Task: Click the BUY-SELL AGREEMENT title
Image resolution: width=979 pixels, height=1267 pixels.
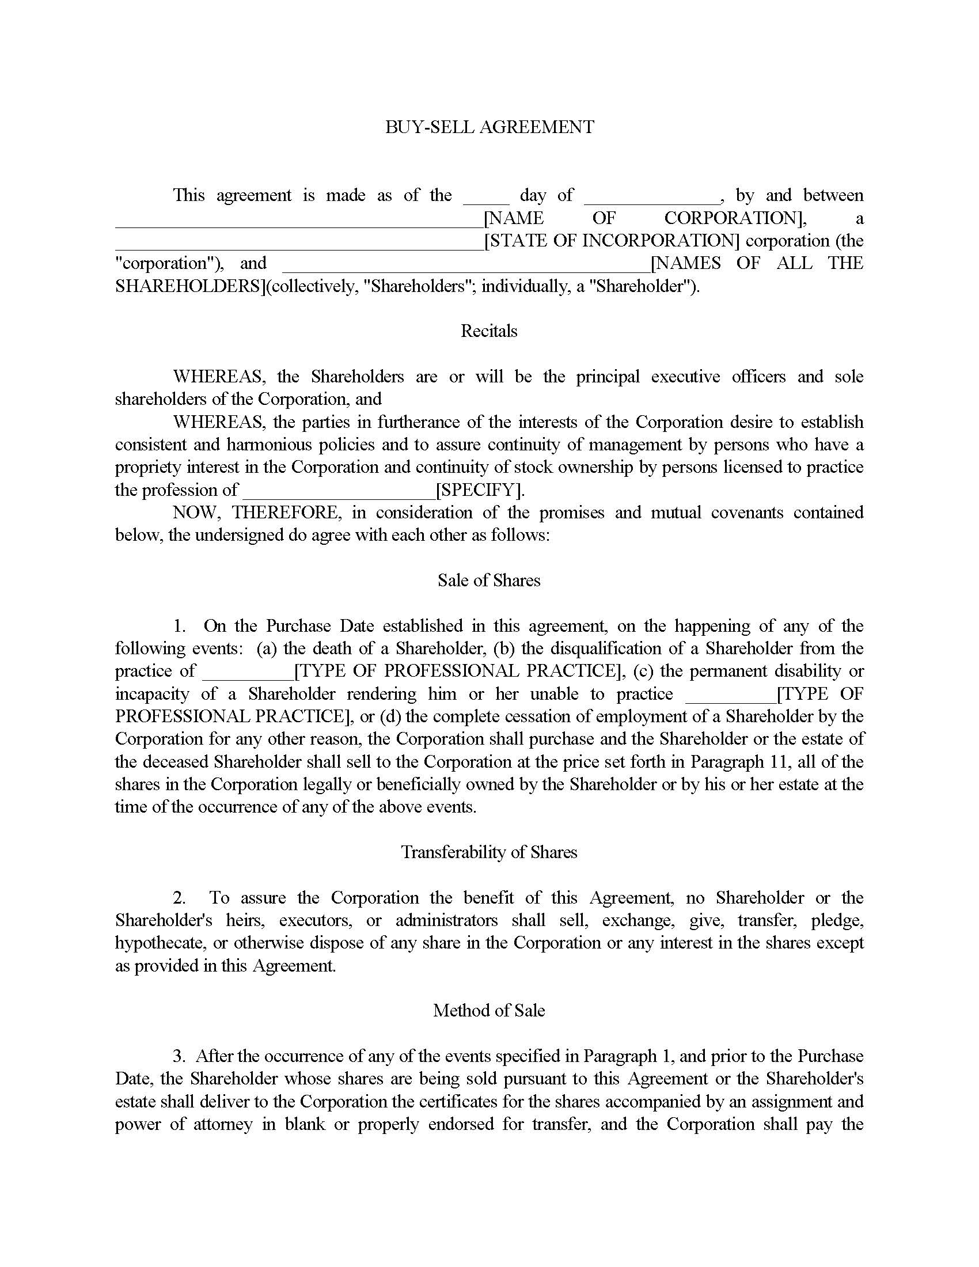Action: pos(490,127)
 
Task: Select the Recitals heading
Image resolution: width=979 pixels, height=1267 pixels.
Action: pos(489,331)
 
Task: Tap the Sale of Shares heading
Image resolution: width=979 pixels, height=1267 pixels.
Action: pos(489,581)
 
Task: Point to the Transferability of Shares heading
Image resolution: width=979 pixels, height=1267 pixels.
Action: pos(489,852)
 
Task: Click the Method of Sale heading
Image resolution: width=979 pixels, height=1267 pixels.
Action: pos(489,1011)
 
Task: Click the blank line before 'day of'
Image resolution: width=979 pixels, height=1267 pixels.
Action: pos(486,197)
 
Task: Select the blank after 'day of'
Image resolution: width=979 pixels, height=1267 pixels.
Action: pos(651,197)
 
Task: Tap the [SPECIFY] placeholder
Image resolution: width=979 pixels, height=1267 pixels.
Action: pos(479,490)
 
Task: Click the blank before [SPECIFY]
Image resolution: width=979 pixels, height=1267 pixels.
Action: pos(339,492)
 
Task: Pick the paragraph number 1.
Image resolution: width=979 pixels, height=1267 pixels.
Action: pos(179,626)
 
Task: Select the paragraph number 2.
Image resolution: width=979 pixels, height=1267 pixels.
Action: pos(179,898)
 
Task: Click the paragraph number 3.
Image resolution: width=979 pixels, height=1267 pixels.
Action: pos(179,1056)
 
